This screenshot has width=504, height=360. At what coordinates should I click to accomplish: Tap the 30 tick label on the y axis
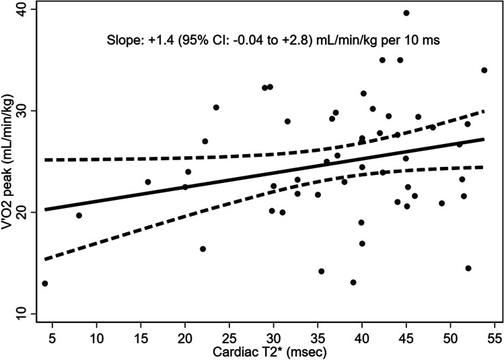pyautogui.click(x=22, y=110)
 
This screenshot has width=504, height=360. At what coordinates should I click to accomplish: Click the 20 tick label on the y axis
pyautogui.click(x=22, y=212)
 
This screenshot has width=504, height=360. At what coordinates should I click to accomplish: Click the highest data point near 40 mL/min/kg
pyautogui.click(x=406, y=13)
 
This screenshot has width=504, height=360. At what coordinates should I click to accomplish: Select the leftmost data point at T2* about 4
pyautogui.click(x=45, y=283)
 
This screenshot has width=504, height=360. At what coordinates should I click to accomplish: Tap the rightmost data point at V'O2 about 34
pyautogui.click(x=484, y=70)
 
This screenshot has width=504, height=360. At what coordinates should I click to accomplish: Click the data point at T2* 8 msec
pyautogui.click(x=79, y=215)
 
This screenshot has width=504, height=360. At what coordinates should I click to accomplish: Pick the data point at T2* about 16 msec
pyautogui.click(x=148, y=182)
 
